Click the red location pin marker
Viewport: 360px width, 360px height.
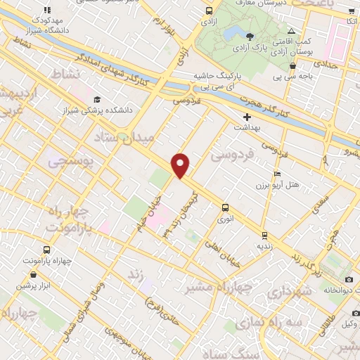click(181, 165)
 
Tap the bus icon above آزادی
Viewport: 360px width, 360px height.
click(209, 11)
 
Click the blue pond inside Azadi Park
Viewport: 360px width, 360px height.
click(251, 34)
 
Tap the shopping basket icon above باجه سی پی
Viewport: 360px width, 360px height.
click(290, 66)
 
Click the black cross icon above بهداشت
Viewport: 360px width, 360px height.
click(247, 117)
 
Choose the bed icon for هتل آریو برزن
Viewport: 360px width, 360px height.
click(277, 174)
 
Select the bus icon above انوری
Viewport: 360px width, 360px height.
click(225, 207)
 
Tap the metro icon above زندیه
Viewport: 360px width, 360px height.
click(264, 236)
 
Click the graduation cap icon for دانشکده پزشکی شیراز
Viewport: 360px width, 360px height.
click(97, 100)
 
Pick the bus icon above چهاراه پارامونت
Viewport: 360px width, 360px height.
click(46, 250)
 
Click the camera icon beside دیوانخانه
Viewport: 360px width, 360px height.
click(349, 280)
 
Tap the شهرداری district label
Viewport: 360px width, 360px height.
click(288, 290)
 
